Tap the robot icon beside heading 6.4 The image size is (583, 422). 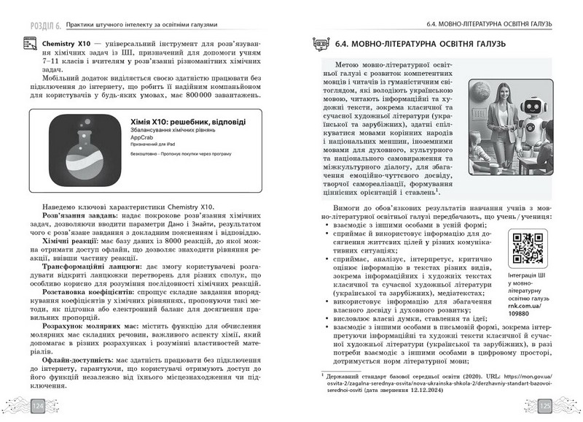(x=317, y=44)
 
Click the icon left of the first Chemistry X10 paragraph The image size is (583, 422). (x=31, y=46)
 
